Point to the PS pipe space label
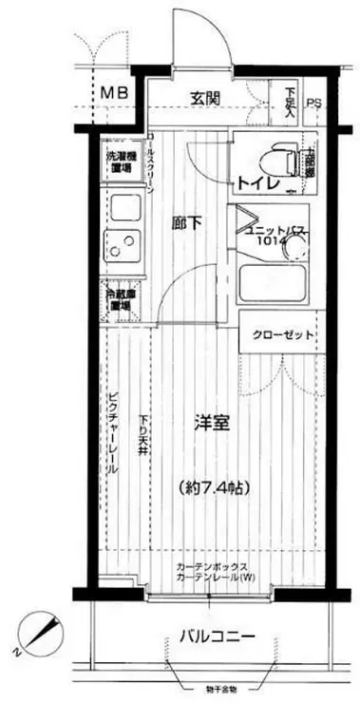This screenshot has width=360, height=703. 313,104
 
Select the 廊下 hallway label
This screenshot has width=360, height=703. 187,225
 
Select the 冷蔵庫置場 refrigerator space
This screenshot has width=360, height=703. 119,299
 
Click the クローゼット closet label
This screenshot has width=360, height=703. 284,334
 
